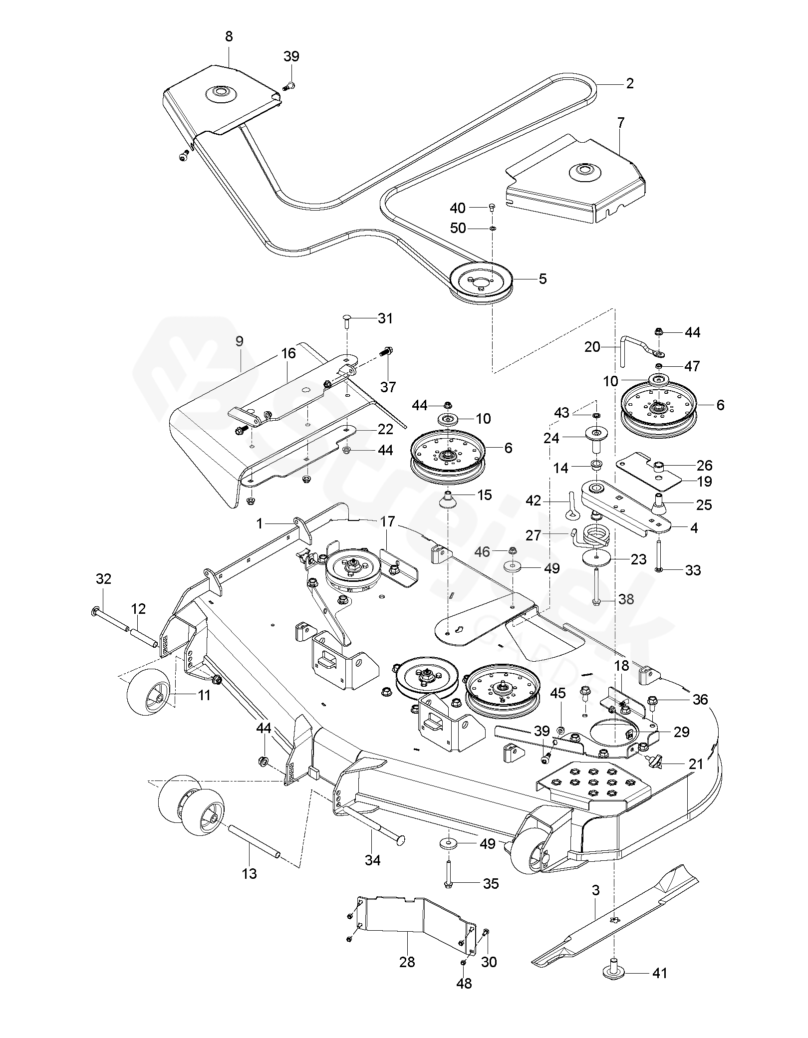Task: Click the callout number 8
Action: point(229,37)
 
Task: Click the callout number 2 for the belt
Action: point(629,84)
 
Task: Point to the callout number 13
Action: point(249,874)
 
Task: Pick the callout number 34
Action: point(372,860)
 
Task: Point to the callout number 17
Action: point(387,522)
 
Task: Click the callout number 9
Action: point(240,341)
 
